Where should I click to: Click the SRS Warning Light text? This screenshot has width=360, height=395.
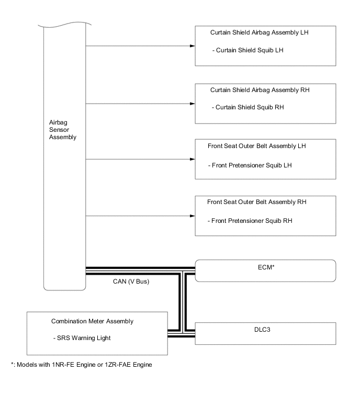click(84, 338)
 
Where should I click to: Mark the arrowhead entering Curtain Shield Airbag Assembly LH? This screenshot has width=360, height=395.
click(192, 46)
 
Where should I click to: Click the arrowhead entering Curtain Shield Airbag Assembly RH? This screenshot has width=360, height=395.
click(192, 103)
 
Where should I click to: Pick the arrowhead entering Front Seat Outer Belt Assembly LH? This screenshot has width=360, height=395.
click(192, 159)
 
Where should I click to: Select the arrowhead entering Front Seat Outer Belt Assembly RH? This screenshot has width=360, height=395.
click(192, 216)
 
